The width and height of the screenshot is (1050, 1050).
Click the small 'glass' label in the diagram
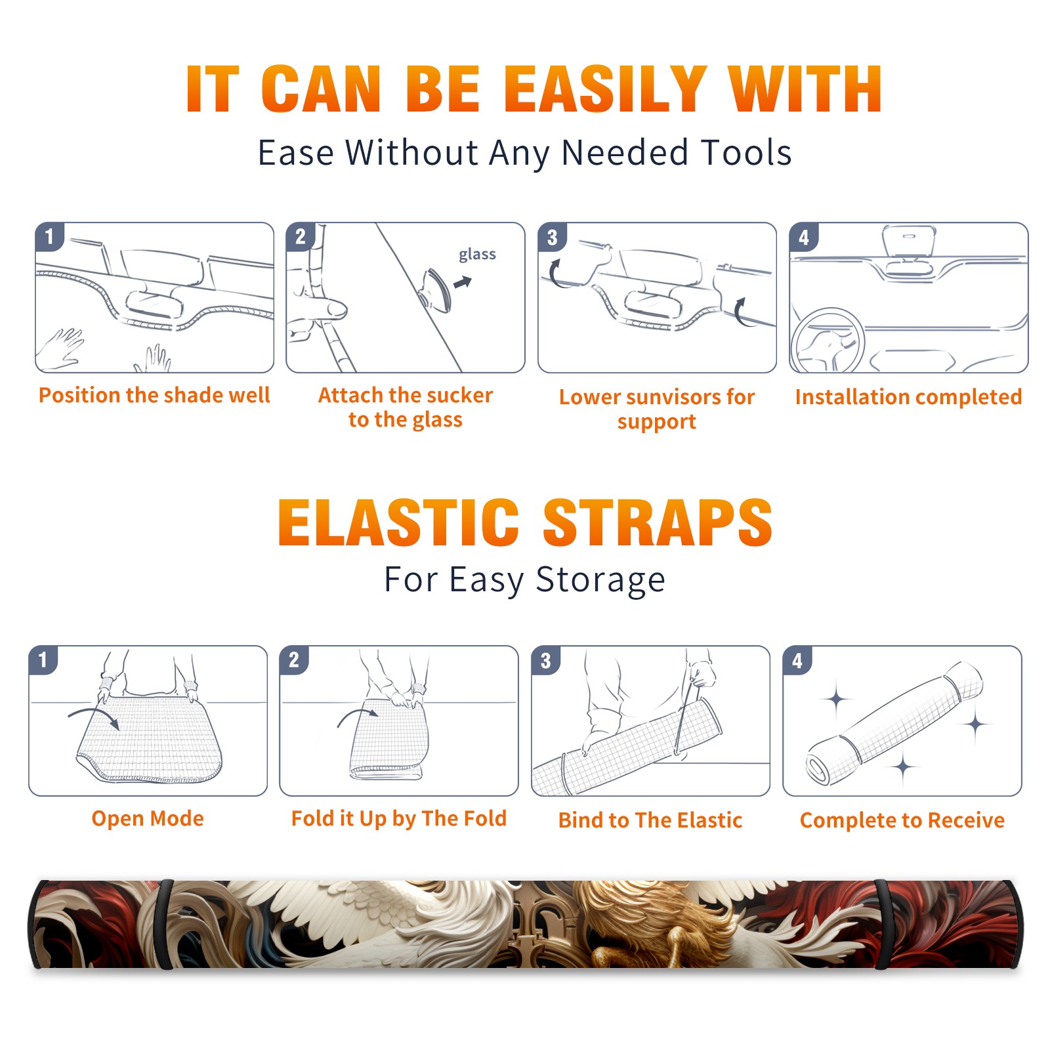coord(477,255)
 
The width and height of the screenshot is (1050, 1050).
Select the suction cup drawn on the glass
coord(435,290)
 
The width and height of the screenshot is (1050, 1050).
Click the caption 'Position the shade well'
coord(154,395)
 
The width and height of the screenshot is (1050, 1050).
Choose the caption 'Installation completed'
coord(908,397)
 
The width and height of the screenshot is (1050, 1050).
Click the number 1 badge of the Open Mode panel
coord(43,660)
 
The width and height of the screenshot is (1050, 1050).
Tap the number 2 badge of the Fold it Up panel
coord(294,660)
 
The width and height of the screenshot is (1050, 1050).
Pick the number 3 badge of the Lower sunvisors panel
coord(552,237)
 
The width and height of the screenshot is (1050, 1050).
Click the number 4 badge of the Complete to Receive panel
coord(797,660)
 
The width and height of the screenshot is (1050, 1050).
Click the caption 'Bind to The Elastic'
coord(650,820)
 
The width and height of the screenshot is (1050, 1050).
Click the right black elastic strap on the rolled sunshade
coord(883,924)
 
